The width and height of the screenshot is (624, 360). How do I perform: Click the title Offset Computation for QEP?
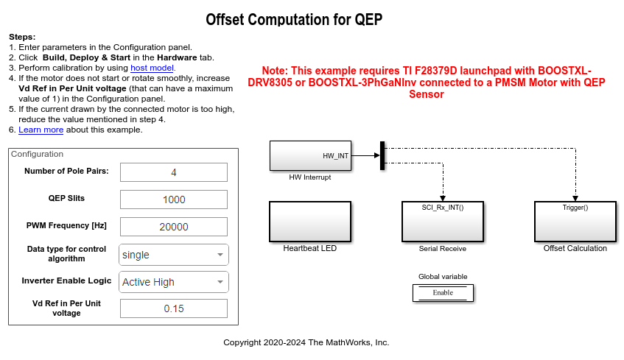pyautogui.click(x=294, y=20)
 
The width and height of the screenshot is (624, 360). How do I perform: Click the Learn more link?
pyautogui.click(x=41, y=130)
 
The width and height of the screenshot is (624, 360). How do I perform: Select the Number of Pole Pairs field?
pyautogui.click(x=173, y=172)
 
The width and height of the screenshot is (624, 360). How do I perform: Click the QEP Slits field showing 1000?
pyautogui.click(x=173, y=200)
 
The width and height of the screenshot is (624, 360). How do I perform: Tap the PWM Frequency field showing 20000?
pyautogui.click(x=173, y=227)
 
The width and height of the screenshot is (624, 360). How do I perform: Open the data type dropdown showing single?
pyautogui.click(x=173, y=255)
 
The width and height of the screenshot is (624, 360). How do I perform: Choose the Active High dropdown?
pyautogui.click(x=173, y=282)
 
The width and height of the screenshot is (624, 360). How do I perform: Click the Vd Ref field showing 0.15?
pyautogui.click(x=173, y=308)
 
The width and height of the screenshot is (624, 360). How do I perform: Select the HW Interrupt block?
pyautogui.click(x=309, y=155)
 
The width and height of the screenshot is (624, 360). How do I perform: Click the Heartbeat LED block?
pyautogui.click(x=309, y=221)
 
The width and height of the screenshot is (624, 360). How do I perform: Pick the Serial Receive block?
pyautogui.click(x=442, y=221)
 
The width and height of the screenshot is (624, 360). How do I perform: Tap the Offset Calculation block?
pyautogui.click(x=575, y=221)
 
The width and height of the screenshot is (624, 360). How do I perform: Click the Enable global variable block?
pyautogui.click(x=443, y=292)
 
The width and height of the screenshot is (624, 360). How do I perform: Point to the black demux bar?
pyautogui.click(x=382, y=155)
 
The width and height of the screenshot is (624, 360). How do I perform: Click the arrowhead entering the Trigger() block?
pyautogui.click(x=575, y=197)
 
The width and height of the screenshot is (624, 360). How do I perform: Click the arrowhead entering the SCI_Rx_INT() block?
pyautogui.click(x=442, y=197)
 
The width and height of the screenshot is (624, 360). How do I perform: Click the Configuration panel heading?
pyautogui.click(x=37, y=154)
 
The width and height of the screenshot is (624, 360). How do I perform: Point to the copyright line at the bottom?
pyautogui.click(x=306, y=342)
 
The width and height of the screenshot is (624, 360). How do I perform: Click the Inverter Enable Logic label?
pyautogui.click(x=67, y=280)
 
